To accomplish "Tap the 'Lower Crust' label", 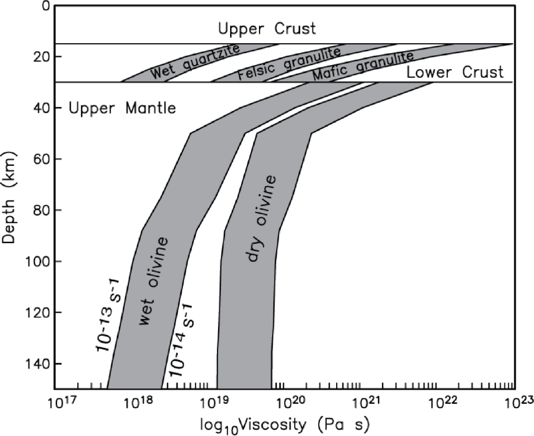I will pyautogui.click(x=455, y=73).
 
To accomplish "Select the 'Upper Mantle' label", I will pyautogui.click(x=122, y=108).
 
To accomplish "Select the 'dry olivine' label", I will pyautogui.click(x=262, y=218).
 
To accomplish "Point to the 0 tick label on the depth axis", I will pyautogui.click(x=43, y=6).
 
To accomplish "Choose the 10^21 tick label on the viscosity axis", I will pyautogui.click(x=361, y=401).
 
